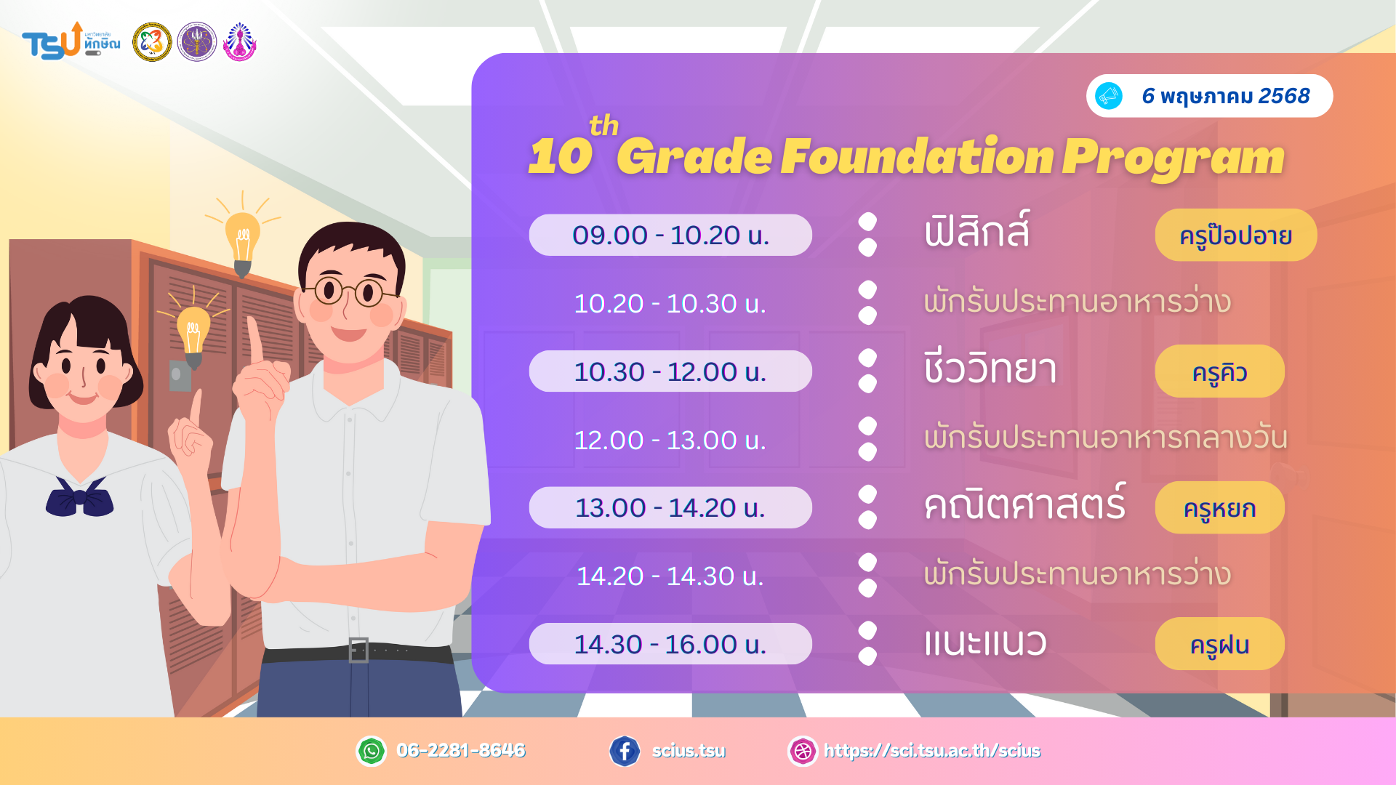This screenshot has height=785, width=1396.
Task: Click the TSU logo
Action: (71, 41)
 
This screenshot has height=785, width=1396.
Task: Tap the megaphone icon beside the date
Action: (1109, 96)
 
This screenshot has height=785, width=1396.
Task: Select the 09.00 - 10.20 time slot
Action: (670, 235)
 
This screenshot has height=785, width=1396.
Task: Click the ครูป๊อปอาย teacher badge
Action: (1236, 235)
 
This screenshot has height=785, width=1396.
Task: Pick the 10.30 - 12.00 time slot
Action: (670, 371)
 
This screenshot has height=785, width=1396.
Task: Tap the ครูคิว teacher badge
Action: (1220, 371)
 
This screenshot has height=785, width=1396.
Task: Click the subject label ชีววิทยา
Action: (990, 367)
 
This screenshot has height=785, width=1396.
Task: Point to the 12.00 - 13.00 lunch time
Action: (670, 440)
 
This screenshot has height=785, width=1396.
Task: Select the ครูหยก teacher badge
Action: (1220, 507)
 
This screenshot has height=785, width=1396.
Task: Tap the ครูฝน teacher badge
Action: (1220, 644)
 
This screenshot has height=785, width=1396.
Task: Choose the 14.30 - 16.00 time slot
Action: (670, 644)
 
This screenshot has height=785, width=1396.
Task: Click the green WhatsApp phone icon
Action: (372, 751)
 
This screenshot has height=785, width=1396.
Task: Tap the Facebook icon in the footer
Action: (625, 751)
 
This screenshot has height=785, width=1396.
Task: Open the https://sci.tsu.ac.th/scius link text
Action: (932, 751)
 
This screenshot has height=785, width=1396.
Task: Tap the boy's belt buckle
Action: (358, 650)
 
